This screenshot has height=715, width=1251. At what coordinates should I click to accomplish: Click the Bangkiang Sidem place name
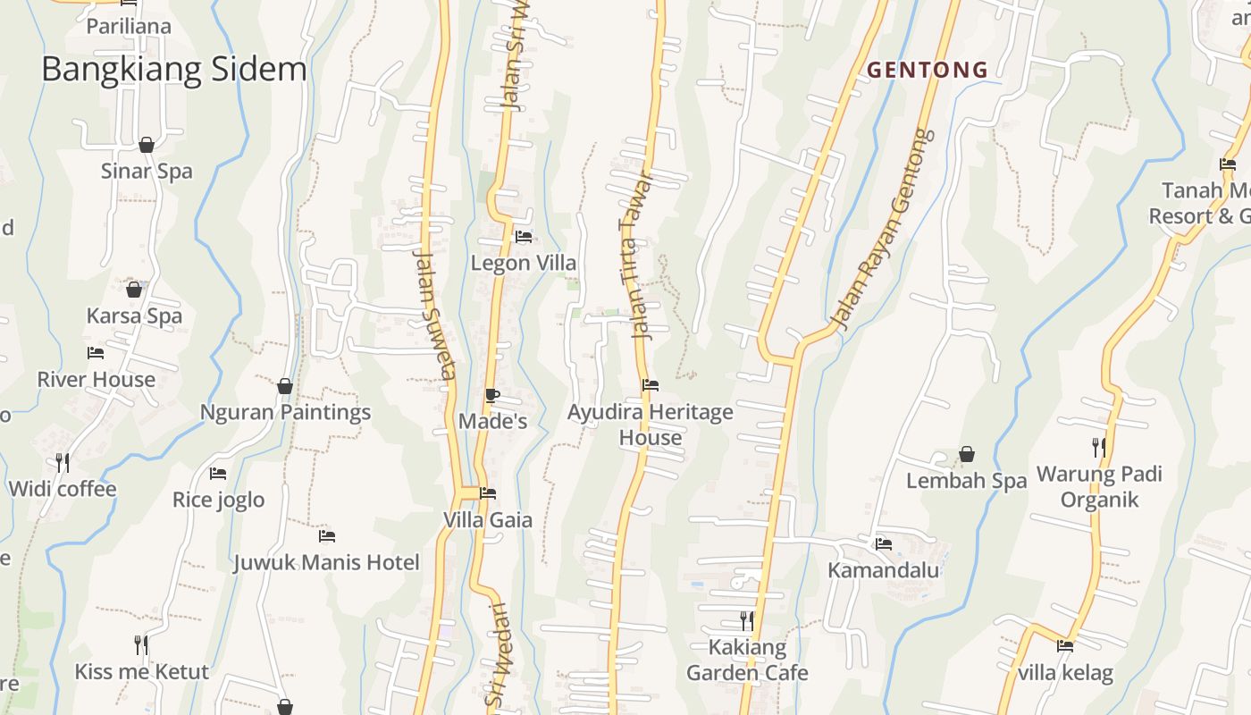click(173, 70)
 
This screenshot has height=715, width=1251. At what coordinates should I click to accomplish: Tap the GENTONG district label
click(928, 70)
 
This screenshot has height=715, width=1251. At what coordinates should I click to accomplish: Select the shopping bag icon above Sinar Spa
click(147, 145)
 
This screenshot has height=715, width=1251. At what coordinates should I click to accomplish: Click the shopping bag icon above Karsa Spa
click(134, 290)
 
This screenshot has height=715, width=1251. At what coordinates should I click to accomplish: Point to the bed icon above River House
click(96, 353)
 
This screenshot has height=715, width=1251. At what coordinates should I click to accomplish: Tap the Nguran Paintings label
click(285, 412)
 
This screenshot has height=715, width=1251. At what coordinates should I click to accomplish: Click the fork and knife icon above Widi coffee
click(63, 462)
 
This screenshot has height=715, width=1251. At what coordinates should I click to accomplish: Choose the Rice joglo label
click(219, 500)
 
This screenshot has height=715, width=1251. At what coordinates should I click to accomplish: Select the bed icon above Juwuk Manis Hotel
click(327, 536)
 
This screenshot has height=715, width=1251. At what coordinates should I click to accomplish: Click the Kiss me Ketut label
click(141, 671)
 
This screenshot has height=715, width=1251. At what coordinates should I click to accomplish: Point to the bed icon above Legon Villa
click(524, 237)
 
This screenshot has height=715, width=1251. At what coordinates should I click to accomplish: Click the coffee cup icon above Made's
click(492, 395)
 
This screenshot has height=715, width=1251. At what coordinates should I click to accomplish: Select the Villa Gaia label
click(488, 520)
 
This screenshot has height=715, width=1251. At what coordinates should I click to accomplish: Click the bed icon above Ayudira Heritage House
click(651, 386)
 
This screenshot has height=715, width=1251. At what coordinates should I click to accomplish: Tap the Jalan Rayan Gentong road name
click(881, 228)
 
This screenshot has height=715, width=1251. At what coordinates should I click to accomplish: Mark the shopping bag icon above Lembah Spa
click(966, 455)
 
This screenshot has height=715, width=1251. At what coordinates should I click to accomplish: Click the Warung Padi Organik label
click(1099, 486)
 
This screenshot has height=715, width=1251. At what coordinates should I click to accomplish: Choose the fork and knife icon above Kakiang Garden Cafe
click(747, 619)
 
